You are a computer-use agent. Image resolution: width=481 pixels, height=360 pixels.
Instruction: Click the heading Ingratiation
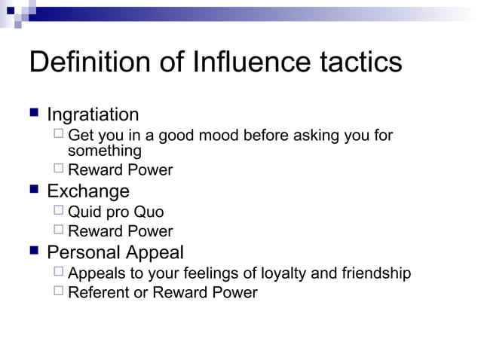click(x=93, y=115)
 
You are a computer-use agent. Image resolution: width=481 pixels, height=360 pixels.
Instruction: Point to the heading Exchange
click(x=88, y=191)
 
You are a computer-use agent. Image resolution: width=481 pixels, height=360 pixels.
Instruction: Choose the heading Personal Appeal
click(x=115, y=252)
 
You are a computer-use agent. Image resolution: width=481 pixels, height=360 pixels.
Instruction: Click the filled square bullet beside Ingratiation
click(x=34, y=114)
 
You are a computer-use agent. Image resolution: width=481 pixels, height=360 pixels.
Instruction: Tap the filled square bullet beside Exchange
click(x=34, y=190)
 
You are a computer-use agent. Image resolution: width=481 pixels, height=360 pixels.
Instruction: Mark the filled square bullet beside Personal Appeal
click(x=34, y=251)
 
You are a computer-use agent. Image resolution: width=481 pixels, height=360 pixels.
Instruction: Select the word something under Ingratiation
click(x=105, y=151)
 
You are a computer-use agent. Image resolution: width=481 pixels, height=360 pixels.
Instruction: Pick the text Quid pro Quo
click(x=115, y=212)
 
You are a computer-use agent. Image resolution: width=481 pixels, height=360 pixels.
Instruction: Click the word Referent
click(x=98, y=293)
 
